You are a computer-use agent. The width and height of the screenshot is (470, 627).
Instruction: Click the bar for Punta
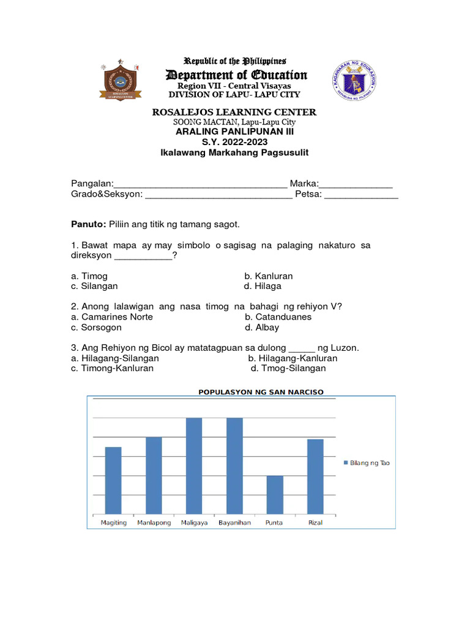[275, 495]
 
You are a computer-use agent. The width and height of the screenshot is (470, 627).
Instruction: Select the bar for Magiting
[113, 481]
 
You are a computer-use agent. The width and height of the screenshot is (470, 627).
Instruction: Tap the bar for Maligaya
[194, 466]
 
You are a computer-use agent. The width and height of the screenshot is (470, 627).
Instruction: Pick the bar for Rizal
[315, 476]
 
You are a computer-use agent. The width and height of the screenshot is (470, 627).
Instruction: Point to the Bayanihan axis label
[234, 523]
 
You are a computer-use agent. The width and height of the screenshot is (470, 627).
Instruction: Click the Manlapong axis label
[154, 523]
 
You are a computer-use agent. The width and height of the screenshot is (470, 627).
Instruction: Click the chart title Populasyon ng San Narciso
[261, 392]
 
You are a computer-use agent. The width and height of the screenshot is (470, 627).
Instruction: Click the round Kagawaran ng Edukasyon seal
[356, 81]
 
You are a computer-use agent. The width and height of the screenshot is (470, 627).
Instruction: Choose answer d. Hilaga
[263, 286]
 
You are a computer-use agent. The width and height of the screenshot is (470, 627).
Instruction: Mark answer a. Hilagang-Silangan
[114, 358]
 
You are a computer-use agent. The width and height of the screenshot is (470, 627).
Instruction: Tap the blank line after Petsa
[361, 195]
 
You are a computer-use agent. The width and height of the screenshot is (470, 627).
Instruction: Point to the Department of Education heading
[236, 75]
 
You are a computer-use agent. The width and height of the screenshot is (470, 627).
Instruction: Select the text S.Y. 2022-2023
[236, 142]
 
